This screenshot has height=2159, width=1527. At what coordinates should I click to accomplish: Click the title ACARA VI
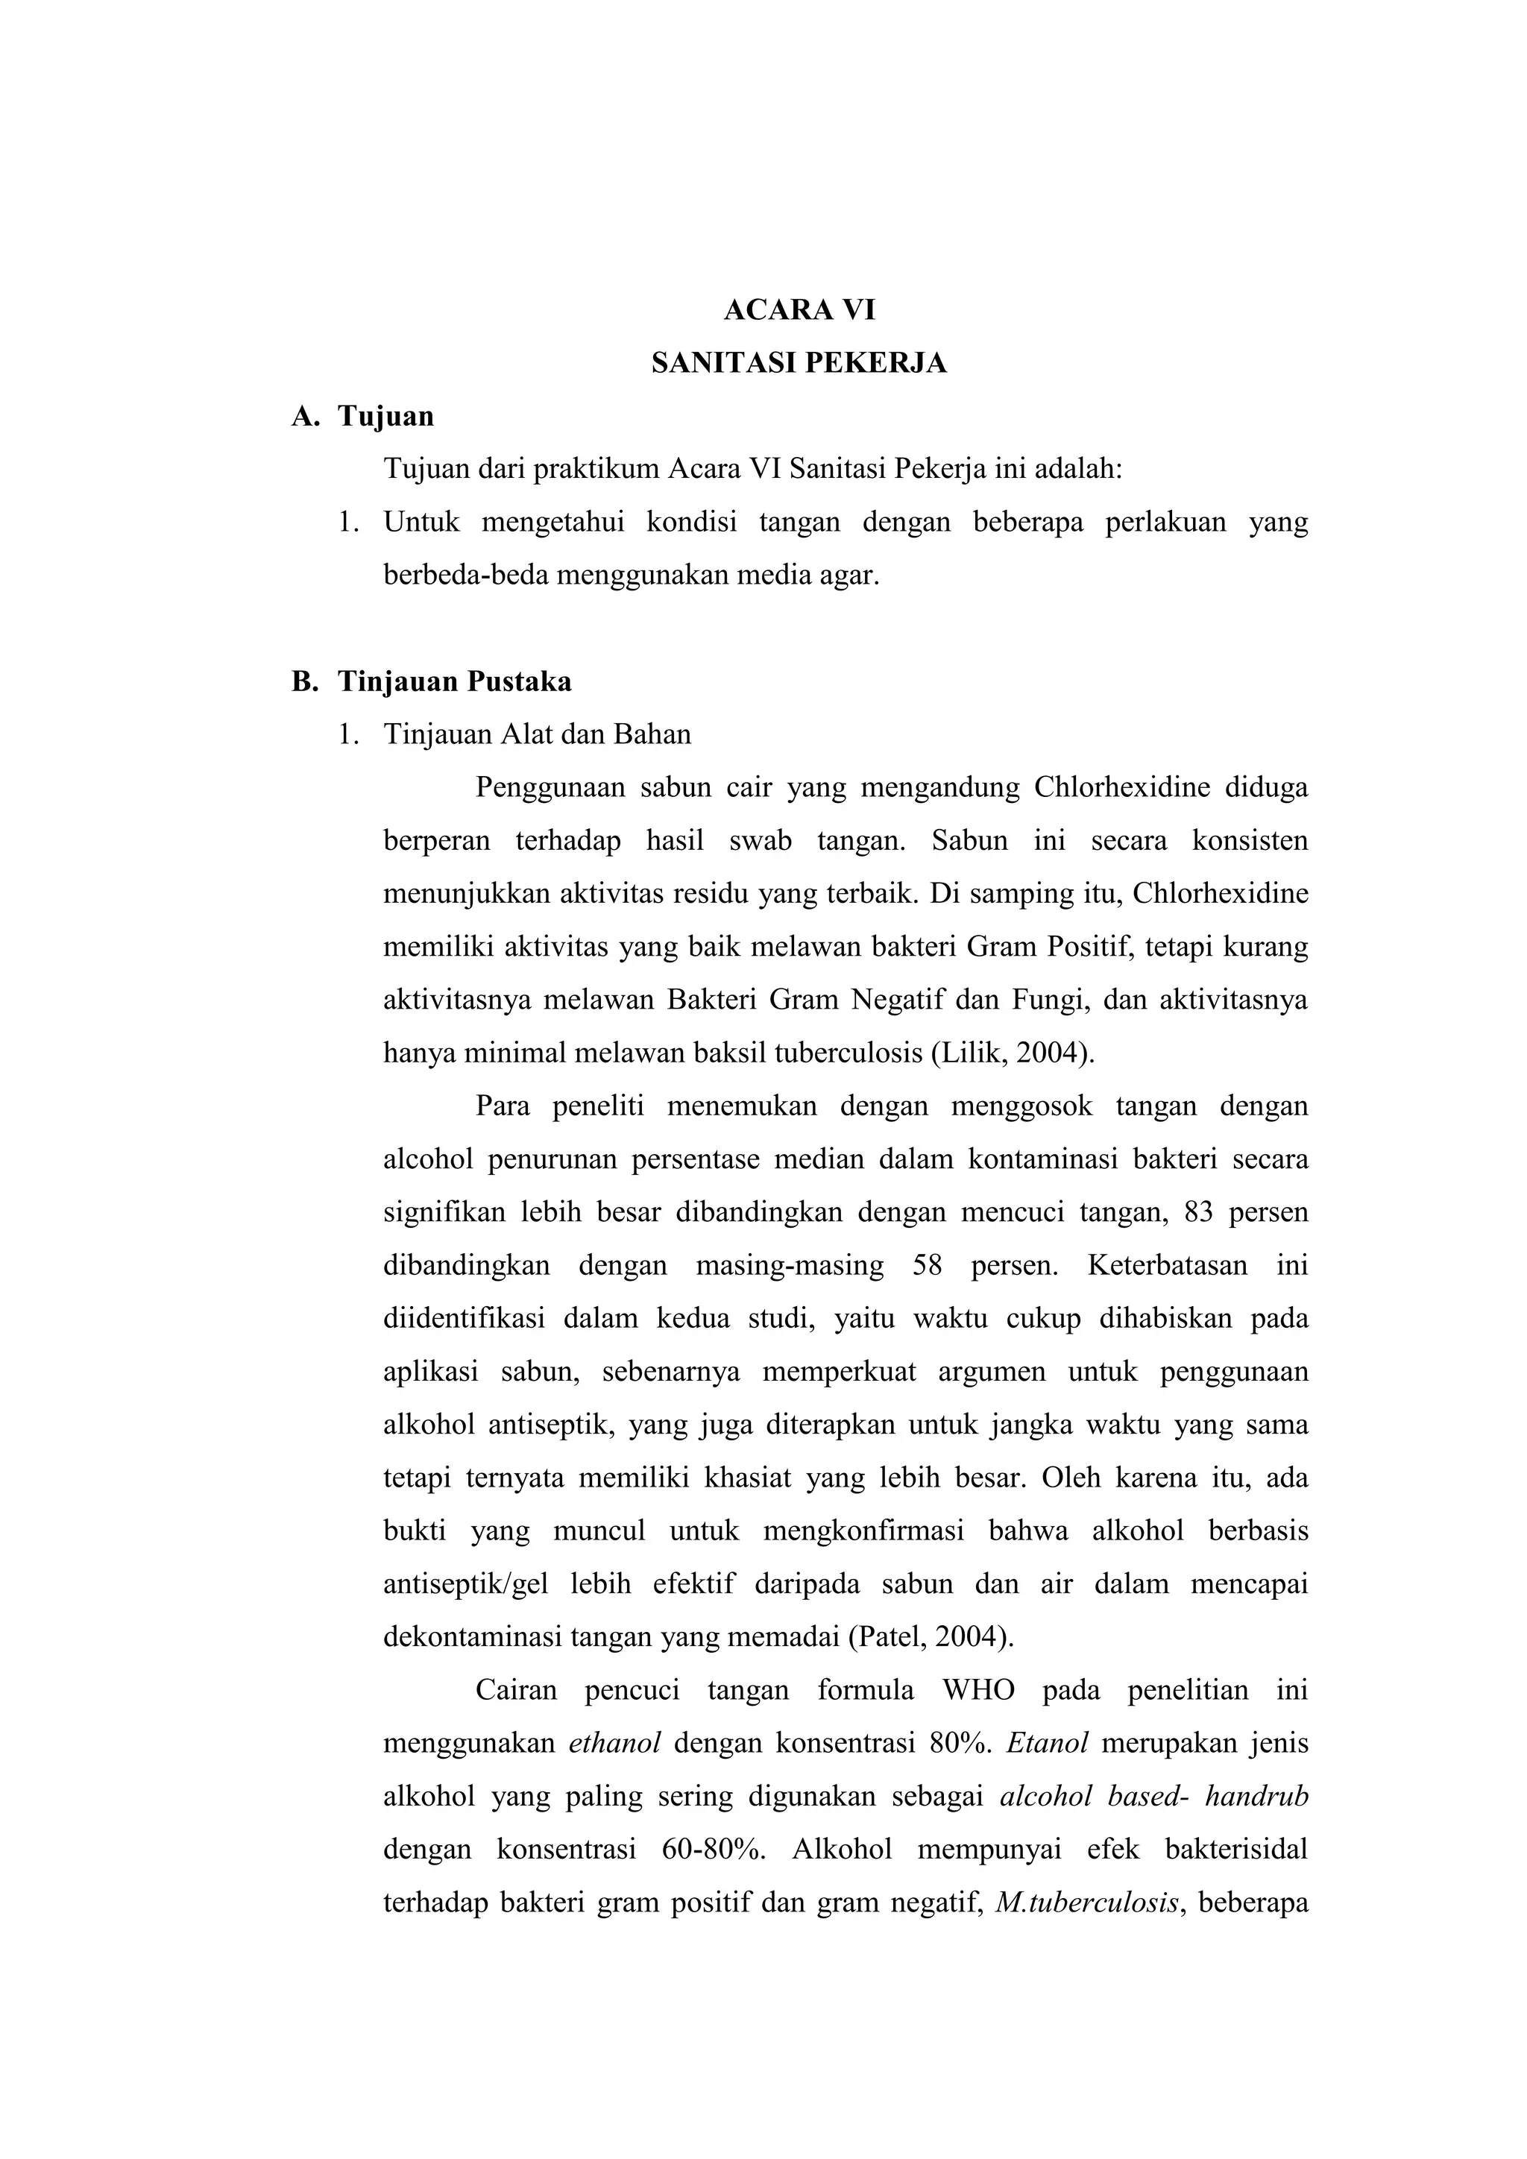coord(799,310)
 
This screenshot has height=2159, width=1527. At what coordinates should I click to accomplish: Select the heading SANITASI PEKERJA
coord(799,363)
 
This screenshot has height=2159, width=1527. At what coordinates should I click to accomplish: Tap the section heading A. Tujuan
coord(364,416)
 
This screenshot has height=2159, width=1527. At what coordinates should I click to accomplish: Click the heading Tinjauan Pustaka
coord(454,681)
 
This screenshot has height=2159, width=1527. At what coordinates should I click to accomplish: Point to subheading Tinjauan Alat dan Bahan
coord(537,734)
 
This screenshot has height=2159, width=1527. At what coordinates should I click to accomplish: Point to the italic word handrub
coord(1256,1796)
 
